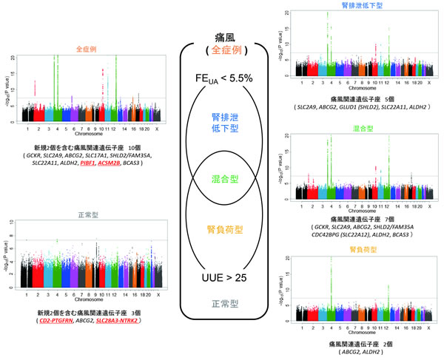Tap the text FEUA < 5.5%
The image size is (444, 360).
[223, 78]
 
